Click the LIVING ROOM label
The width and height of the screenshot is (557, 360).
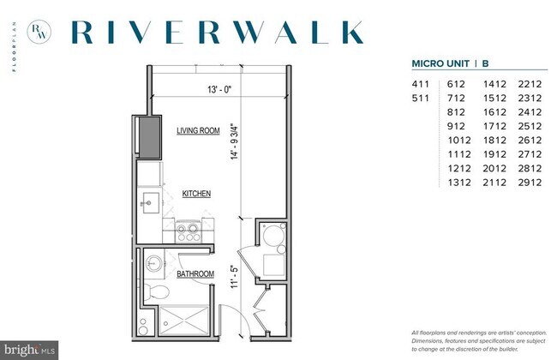pos(198,131)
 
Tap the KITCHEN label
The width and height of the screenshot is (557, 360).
pos(196,194)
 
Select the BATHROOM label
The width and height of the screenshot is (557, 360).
pos(195,274)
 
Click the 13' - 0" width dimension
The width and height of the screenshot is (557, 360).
pos(219,89)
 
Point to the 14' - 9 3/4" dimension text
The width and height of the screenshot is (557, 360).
pos(235,141)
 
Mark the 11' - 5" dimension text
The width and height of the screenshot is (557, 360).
pos(234,277)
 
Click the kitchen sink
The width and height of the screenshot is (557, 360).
pos(151,203)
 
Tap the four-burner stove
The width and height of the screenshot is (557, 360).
pos(189,231)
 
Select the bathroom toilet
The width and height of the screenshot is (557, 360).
pos(156,291)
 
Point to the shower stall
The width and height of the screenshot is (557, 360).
pos(183,321)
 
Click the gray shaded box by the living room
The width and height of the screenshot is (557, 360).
pos(149,137)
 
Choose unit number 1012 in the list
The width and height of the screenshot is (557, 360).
pos(459,140)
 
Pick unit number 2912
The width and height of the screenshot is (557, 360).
pos(530,183)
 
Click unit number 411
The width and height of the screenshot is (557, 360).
pos(421,84)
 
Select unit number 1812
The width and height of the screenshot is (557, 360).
pos(494,140)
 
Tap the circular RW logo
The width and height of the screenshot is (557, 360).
pos(39,32)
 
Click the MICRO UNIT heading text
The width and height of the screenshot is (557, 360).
pos(440,63)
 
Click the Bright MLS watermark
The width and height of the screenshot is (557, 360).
pos(29,351)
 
